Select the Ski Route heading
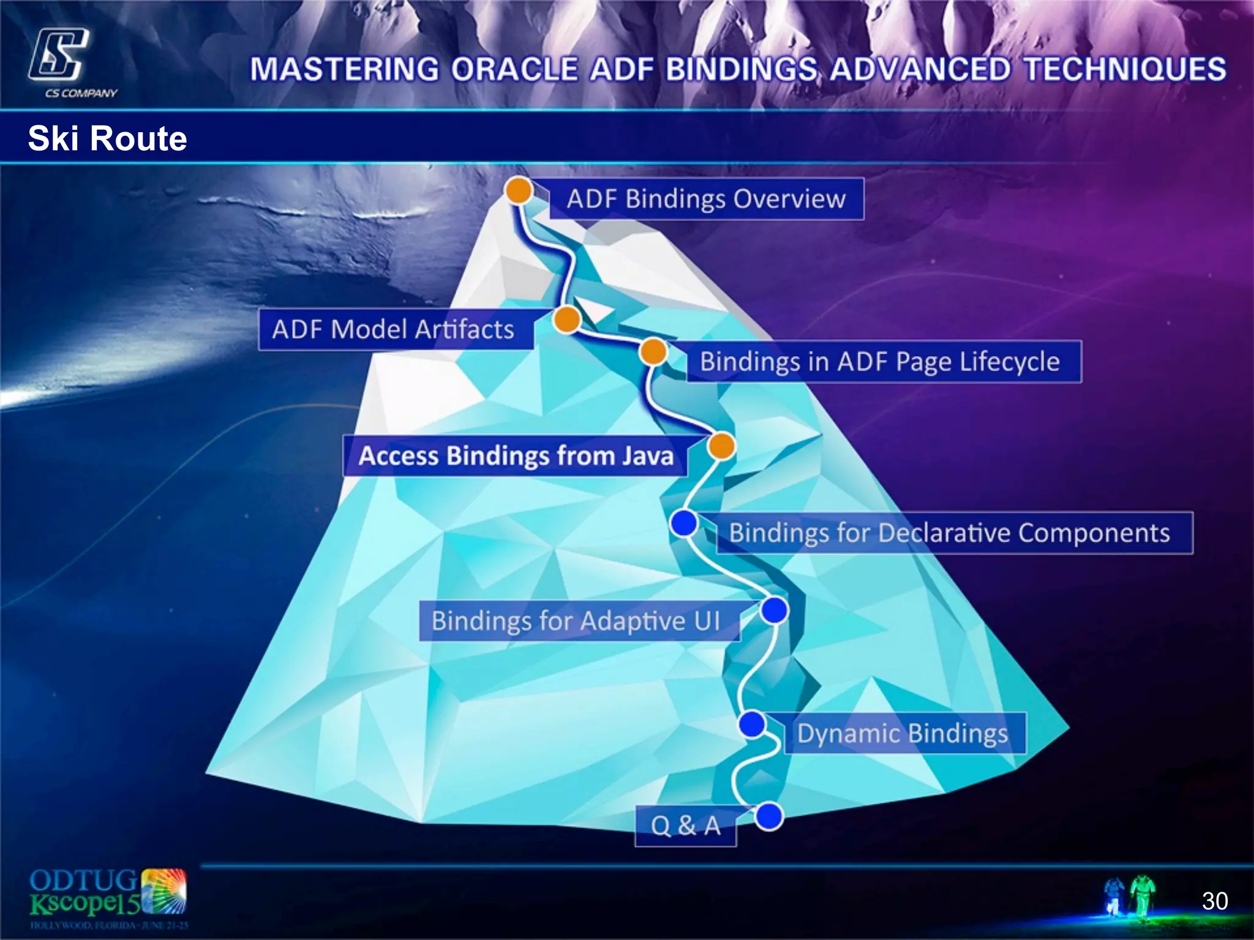(107, 138)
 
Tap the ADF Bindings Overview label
(706, 199)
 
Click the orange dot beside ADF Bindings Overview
(519, 190)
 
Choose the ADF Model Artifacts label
(395, 329)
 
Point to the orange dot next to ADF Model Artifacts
(567, 319)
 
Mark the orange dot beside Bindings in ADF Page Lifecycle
(653, 352)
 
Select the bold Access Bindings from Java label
(516, 456)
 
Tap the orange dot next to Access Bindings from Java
(721, 446)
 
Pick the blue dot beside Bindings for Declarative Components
(684, 523)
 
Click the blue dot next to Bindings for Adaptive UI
(775, 610)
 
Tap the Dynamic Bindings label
(903, 733)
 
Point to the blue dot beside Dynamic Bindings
(752, 725)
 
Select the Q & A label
(685, 826)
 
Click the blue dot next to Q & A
(769, 816)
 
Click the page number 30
(1214, 901)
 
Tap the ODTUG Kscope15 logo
(108, 898)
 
